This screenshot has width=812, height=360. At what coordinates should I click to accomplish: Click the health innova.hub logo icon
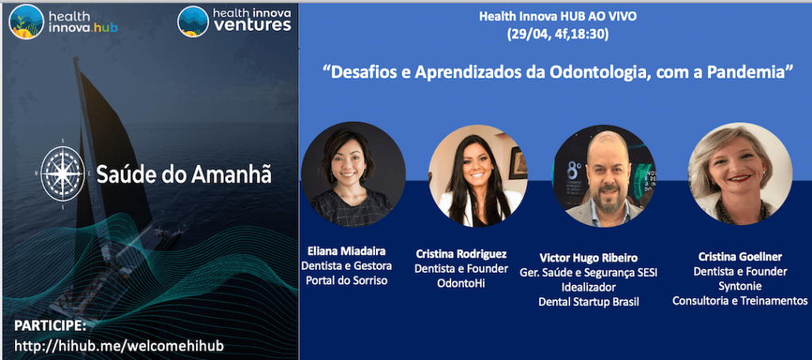(25, 21)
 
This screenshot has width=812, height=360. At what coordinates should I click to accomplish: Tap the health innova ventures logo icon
(193, 21)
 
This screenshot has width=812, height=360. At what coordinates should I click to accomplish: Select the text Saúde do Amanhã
(183, 174)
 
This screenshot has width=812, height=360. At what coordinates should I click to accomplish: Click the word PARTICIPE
(49, 325)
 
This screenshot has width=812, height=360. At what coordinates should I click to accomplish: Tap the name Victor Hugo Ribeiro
(588, 258)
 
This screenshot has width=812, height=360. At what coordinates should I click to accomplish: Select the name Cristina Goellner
(739, 257)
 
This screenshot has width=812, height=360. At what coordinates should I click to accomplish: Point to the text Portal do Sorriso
(347, 281)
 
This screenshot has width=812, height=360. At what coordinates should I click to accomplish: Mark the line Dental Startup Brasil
(588, 301)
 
